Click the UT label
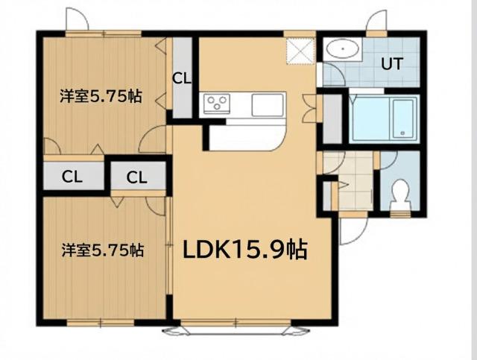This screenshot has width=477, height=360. (393, 64)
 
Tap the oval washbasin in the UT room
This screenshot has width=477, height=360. (343, 51)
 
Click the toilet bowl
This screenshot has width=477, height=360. (399, 193)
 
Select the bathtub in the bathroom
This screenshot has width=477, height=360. (382, 120)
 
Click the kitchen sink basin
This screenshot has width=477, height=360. (267, 104)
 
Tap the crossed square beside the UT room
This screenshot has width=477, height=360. (301, 51)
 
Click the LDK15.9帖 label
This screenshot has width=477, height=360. (245, 250)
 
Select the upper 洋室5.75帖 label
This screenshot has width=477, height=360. (101, 96)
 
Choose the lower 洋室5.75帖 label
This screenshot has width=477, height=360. (102, 250)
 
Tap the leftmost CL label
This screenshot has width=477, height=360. (72, 177)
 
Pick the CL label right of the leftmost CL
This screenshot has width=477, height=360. (136, 177)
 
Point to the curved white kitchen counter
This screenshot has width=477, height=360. (246, 139)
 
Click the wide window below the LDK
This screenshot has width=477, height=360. (235, 326)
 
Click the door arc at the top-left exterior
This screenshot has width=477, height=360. (77, 21)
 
